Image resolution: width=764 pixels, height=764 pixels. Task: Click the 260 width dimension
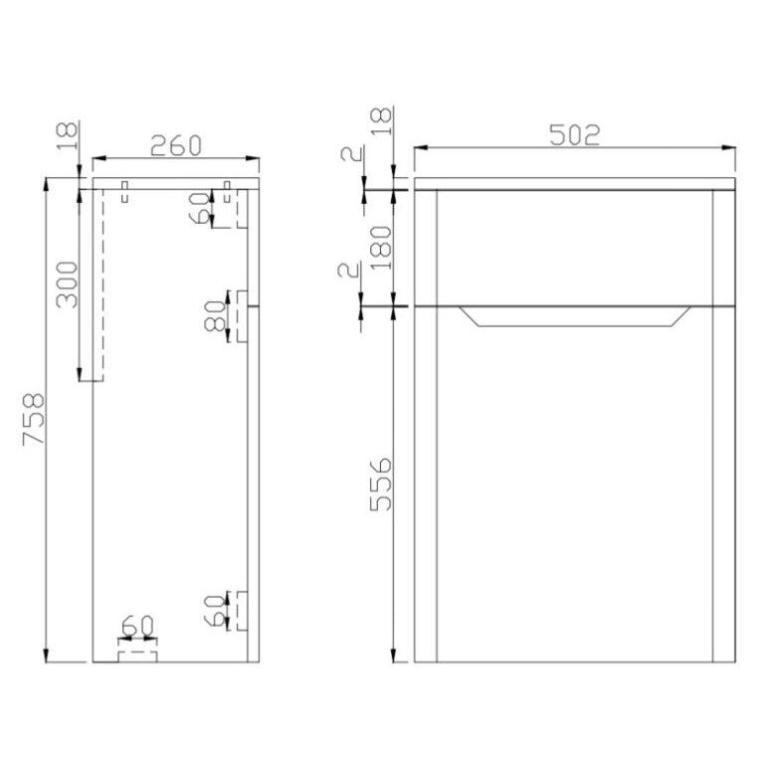[175, 145]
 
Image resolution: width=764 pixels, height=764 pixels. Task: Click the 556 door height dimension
[380, 483]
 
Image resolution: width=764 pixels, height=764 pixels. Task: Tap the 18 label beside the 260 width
[67, 134]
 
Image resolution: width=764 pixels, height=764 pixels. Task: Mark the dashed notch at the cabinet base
[137, 653]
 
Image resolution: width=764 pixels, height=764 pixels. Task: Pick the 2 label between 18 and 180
[348, 155]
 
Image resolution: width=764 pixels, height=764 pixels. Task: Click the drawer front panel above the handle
[575, 246]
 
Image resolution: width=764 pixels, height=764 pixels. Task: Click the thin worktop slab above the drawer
[575, 183]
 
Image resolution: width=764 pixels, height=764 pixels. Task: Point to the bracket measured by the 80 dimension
[241, 317]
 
